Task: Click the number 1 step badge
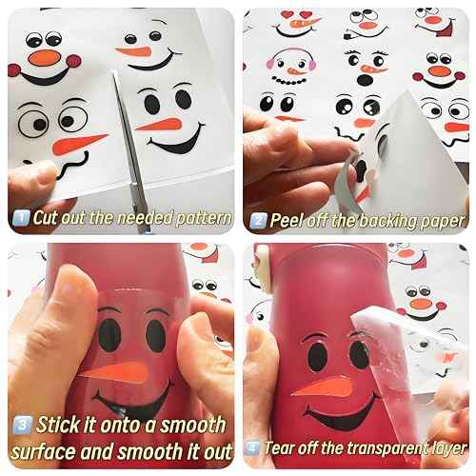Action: click(20, 217)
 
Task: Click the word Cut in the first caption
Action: click(48, 217)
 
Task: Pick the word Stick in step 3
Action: click(60, 424)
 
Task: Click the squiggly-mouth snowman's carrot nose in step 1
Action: click(81, 144)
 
